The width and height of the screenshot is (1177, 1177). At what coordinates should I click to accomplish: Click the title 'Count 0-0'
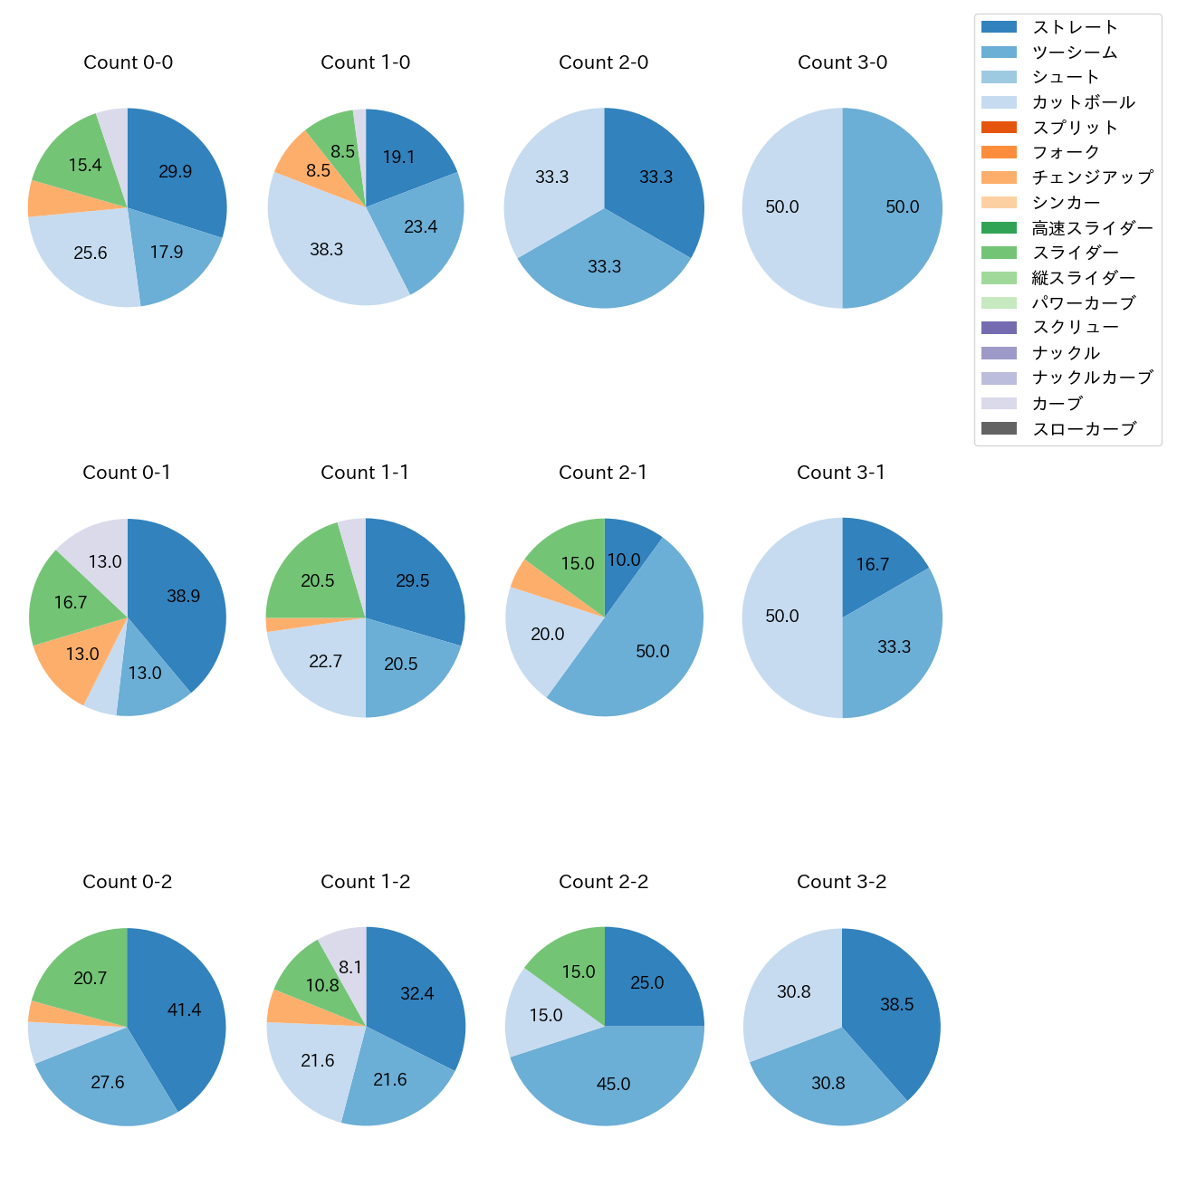tap(128, 62)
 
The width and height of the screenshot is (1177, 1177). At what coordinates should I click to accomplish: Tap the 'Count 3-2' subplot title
tap(841, 882)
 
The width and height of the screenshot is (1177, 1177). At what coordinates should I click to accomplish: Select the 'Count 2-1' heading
tap(603, 473)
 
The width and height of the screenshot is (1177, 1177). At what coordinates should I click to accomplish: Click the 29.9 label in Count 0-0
tap(175, 171)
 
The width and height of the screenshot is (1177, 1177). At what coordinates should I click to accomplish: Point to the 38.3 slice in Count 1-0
tap(326, 249)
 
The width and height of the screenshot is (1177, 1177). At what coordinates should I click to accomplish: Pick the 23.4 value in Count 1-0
tap(421, 226)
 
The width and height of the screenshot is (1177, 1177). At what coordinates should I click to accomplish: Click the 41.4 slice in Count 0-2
tap(184, 1010)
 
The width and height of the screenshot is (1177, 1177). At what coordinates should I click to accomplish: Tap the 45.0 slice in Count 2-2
tap(613, 1084)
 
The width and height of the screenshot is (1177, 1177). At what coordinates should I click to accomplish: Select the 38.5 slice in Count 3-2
tap(896, 1004)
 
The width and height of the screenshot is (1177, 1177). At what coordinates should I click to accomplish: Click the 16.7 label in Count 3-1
tap(873, 564)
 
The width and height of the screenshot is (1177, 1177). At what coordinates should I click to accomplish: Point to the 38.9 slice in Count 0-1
tap(183, 596)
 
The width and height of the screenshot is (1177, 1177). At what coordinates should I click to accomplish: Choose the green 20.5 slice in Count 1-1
tap(318, 580)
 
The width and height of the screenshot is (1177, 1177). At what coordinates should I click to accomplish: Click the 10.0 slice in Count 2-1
tap(624, 560)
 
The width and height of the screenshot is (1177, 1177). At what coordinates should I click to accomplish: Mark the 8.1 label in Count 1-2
tap(350, 967)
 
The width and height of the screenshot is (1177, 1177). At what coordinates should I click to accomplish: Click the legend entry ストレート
tap(1075, 27)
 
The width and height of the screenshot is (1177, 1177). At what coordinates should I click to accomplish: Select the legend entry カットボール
tap(1083, 102)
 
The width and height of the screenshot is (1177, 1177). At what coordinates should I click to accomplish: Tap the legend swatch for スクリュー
tap(999, 328)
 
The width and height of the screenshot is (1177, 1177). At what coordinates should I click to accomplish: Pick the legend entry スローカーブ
tap(1084, 429)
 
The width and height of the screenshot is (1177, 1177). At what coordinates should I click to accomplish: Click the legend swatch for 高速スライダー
tap(999, 227)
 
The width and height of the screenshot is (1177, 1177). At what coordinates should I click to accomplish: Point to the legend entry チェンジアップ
tap(1092, 177)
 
